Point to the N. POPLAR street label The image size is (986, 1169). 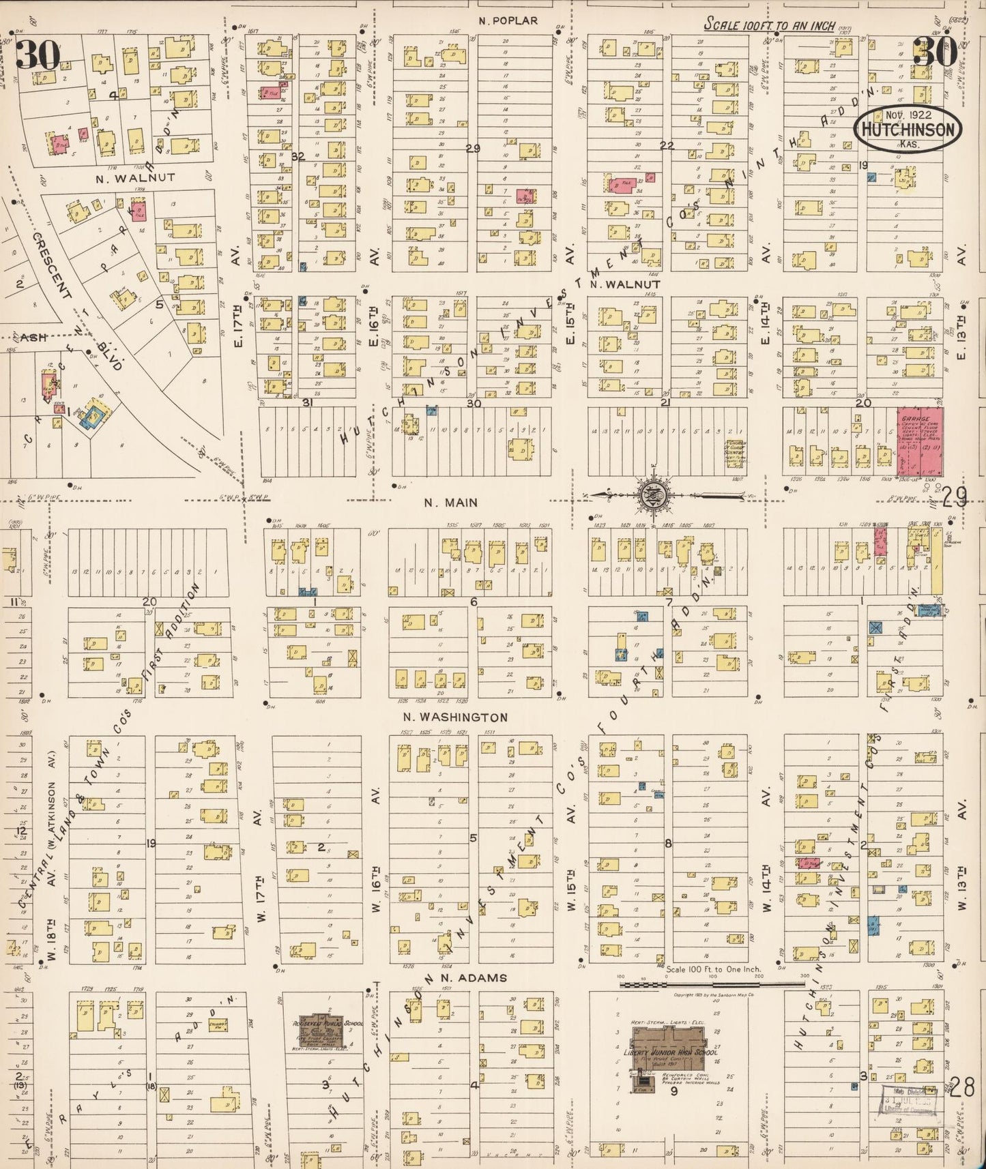(x=508, y=21)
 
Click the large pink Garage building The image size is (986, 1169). (x=920, y=441)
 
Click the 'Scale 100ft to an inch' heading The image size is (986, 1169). (x=770, y=25)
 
